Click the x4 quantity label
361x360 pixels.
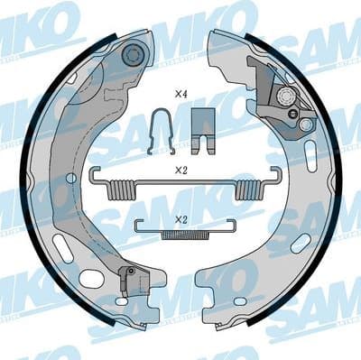180,94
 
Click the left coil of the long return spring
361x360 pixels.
119,189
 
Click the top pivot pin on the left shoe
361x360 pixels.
134,56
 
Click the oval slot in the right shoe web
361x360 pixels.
300,244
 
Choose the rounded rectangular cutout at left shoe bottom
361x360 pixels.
91,279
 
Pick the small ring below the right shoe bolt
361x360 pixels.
292,114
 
